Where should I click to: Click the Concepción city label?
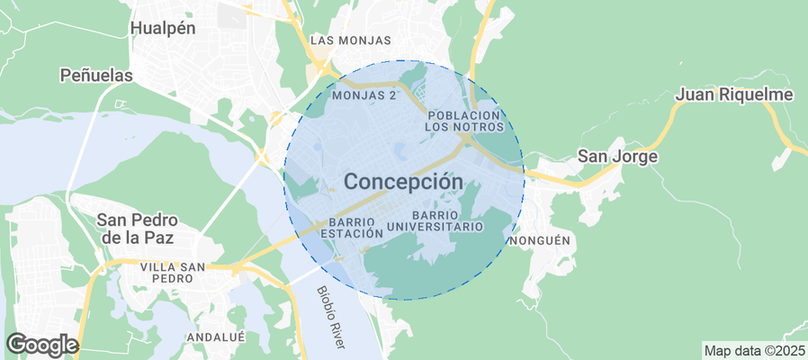click(x=404, y=181)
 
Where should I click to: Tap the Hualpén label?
click(x=163, y=28)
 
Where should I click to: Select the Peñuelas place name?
click(x=96, y=76)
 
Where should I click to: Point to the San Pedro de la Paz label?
click(x=138, y=229)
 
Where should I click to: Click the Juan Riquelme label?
click(x=733, y=94)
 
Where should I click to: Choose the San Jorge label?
click(x=617, y=156)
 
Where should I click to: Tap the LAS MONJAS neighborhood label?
click(x=351, y=40)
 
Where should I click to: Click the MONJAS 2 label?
click(x=364, y=94)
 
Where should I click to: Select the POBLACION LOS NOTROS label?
click(x=463, y=121)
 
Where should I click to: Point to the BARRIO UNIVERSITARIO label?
click(x=435, y=221)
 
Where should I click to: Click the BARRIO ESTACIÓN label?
click(x=356, y=227)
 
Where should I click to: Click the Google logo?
click(x=41, y=344)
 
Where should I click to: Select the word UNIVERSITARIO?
click(x=435, y=228)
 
